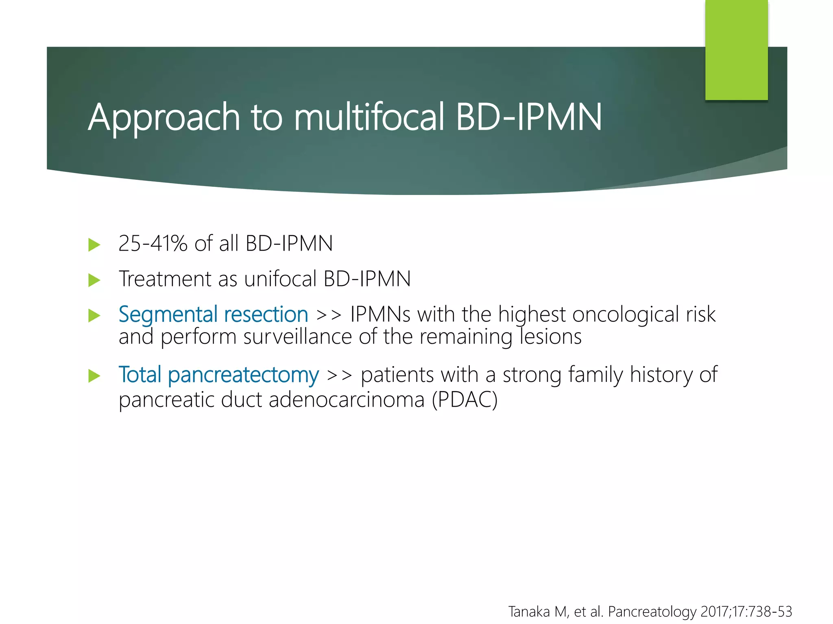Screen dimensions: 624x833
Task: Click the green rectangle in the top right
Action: tap(736, 50)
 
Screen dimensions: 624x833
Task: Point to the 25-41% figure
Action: tap(153, 244)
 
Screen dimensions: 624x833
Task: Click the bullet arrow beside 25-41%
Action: tap(94, 245)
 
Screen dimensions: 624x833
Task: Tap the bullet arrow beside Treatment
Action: tap(94, 280)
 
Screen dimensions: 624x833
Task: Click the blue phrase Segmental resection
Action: tap(213, 314)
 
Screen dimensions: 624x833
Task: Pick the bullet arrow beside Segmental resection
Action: tap(94, 316)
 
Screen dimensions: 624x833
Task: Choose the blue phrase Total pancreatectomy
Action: tap(218, 375)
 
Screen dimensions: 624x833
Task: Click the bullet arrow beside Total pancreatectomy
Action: tap(94, 376)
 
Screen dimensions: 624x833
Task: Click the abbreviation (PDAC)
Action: tap(464, 400)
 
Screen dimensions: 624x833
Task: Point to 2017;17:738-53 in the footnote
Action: tap(746, 611)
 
